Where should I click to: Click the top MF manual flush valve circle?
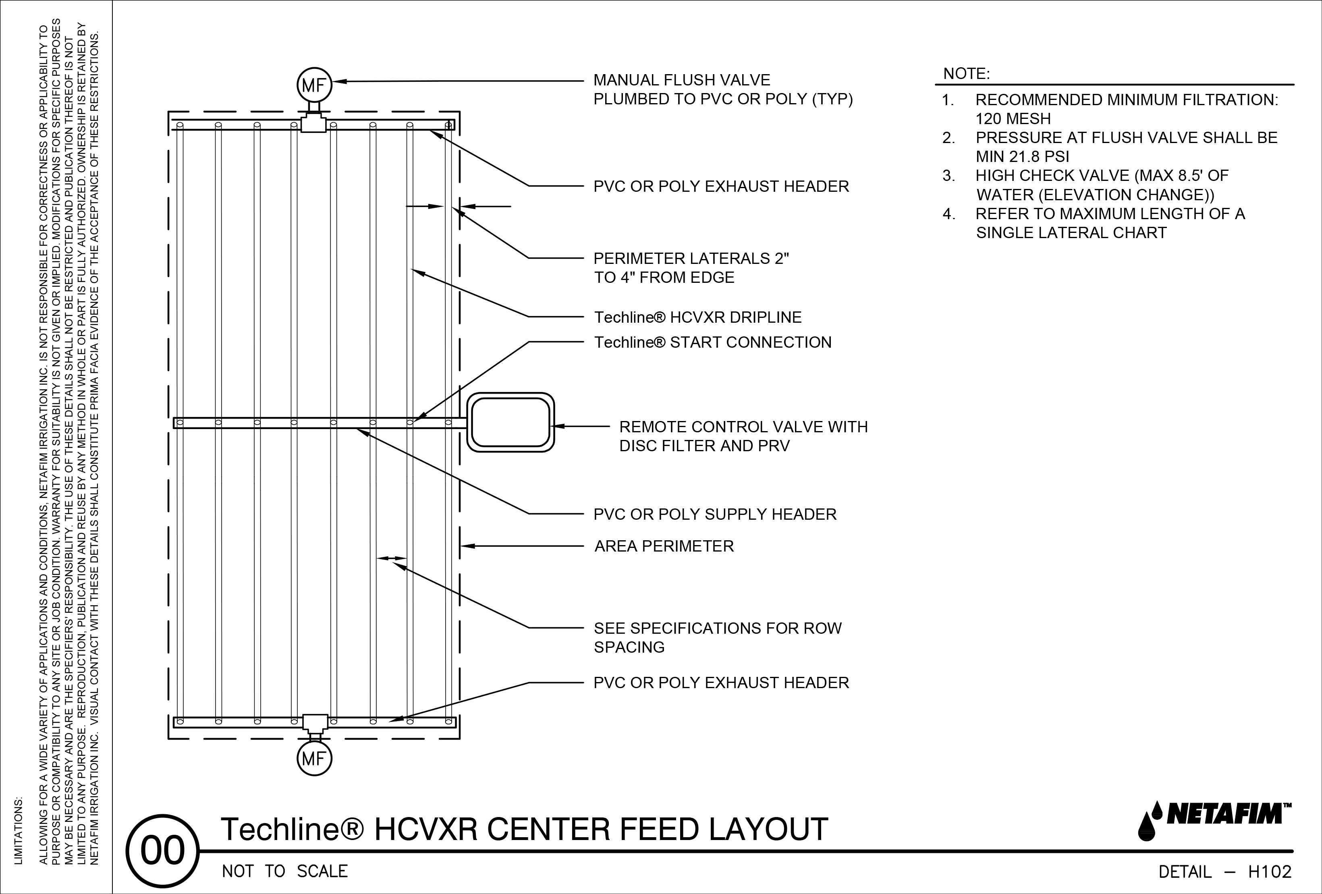(x=313, y=85)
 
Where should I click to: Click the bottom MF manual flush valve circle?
(x=313, y=759)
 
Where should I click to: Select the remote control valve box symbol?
(x=510, y=423)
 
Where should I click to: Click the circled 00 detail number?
(x=163, y=851)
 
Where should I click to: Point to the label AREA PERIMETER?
(x=664, y=547)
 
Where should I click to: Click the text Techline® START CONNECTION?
(x=713, y=342)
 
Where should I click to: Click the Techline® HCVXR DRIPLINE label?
(x=698, y=317)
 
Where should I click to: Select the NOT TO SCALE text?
(x=284, y=872)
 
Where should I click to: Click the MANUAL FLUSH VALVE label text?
(x=681, y=80)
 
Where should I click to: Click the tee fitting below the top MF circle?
(x=313, y=123)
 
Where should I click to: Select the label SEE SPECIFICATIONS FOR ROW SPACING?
(x=717, y=637)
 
